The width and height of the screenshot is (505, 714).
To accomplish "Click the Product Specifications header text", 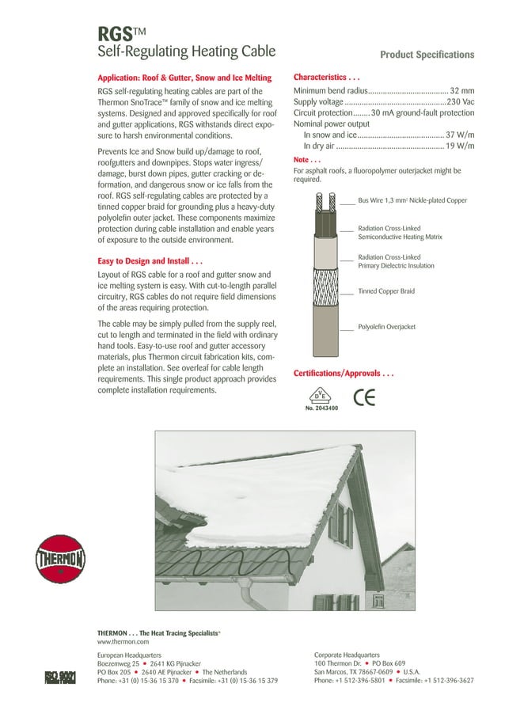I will tap(427, 55).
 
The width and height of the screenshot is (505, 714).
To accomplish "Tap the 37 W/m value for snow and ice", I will tap(460, 135).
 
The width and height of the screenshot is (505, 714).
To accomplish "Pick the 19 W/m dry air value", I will tap(460, 146).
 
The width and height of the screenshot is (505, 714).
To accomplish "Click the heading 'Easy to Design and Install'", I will tap(150, 260).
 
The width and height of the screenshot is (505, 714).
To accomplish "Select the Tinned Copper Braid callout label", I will tap(386, 291).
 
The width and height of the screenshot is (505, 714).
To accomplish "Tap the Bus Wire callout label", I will tap(412, 201).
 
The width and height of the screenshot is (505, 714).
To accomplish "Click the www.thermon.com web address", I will tap(123, 642).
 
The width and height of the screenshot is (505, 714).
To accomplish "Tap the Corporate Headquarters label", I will tap(347, 655).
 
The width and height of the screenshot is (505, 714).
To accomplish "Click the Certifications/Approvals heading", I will tap(344, 372).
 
